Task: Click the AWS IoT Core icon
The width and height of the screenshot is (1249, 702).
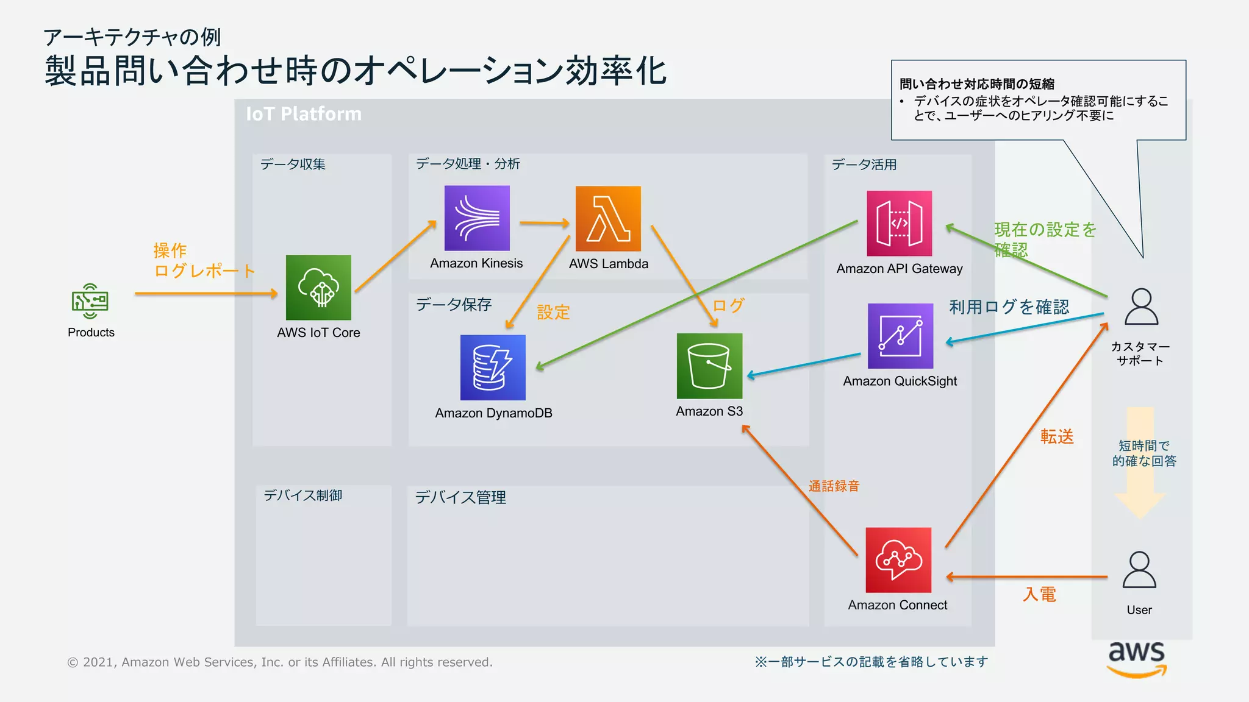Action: [318, 288]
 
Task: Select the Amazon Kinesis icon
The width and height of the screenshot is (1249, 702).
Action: [477, 218]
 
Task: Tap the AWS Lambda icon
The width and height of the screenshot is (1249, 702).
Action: [608, 219]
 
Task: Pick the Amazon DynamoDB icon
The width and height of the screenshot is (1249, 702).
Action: [493, 367]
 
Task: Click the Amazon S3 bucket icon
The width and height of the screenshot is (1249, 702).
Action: [709, 366]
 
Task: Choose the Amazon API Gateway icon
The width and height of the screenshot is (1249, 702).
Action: [899, 224]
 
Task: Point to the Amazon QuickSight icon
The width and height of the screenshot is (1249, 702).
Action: [900, 336]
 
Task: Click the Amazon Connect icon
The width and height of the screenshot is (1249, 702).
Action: [898, 560]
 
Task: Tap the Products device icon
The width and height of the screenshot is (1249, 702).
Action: [90, 301]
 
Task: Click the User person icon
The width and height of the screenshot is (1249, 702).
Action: [1139, 570]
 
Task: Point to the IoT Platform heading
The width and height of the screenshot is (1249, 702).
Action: [304, 114]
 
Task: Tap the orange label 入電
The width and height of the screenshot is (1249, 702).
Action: [1039, 594]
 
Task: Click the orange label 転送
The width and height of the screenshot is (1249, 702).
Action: [1057, 436]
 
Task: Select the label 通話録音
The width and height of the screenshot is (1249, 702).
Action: [834, 486]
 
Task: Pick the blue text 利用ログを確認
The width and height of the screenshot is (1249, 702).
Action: [1009, 307]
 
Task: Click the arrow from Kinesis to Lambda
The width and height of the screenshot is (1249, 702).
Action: [544, 224]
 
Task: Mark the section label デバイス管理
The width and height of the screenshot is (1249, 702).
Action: [460, 497]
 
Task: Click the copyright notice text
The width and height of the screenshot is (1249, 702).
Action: [280, 662]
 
